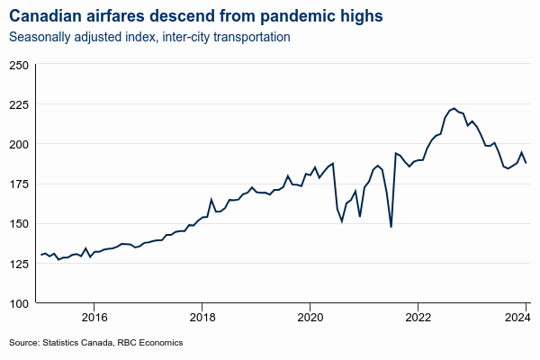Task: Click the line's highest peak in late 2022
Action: tap(454, 108)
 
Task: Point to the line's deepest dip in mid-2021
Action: tap(391, 227)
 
